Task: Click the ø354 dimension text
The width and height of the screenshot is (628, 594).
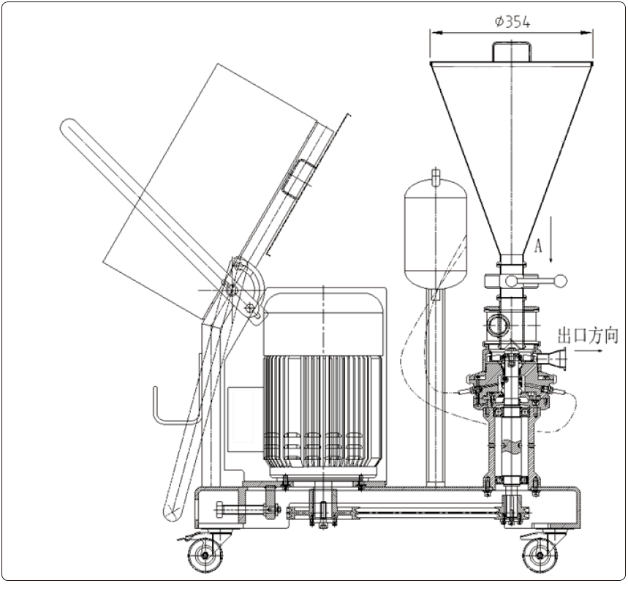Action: tap(512, 22)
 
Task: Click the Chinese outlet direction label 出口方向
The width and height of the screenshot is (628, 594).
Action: tap(589, 336)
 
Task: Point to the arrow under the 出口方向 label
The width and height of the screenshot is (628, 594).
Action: tap(588, 350)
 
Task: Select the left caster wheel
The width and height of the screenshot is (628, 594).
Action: tap(205, 554)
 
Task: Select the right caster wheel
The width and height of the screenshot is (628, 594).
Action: tap(540, 556)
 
